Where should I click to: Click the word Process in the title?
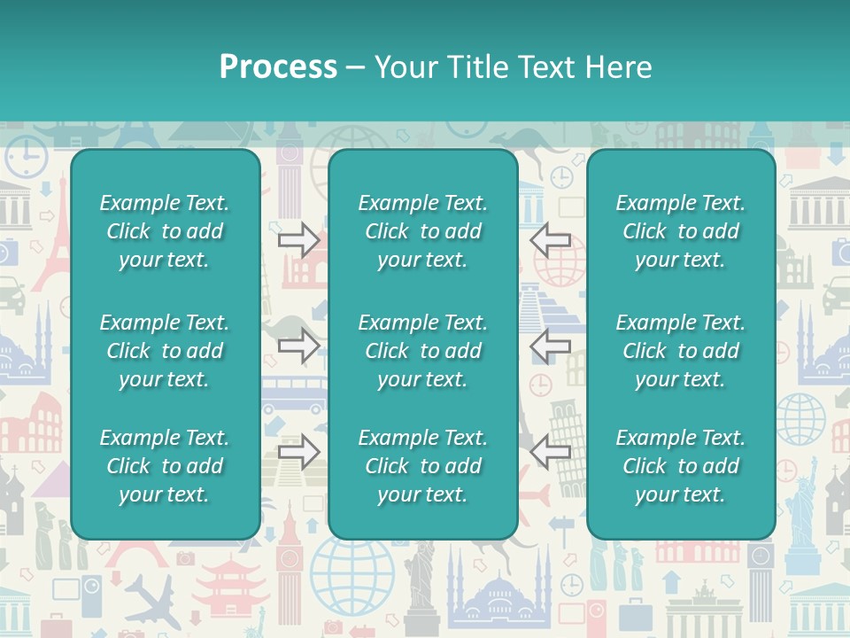click(278, 67)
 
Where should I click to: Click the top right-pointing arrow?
click(298, 238)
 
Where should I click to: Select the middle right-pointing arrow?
click(298, 346)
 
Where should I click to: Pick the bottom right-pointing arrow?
click(298, 452)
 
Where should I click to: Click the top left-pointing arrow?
click(550, 238)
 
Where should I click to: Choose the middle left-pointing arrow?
click(550, 346)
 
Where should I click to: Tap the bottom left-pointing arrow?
click(550, 452)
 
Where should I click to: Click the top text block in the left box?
click(165, 231)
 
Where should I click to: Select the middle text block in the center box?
click(422, 351)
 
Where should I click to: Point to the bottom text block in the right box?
click(680, 466)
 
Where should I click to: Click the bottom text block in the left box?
click(165, 466)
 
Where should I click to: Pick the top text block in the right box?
click(680, 231)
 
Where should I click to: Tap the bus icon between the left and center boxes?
click(293, 395)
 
